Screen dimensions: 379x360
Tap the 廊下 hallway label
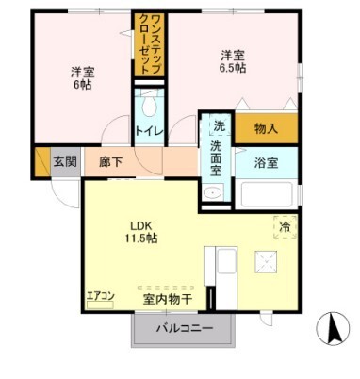click(110, 161)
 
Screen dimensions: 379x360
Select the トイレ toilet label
click(148, 131)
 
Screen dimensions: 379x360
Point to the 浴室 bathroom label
click(266, 162)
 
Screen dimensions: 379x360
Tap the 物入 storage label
click(267, 127)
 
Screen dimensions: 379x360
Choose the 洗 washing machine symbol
click(218, 125)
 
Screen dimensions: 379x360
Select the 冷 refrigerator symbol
click(285, 225)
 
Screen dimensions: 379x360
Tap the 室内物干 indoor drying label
click(168, 299)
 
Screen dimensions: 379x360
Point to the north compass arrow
click(332, 330)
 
